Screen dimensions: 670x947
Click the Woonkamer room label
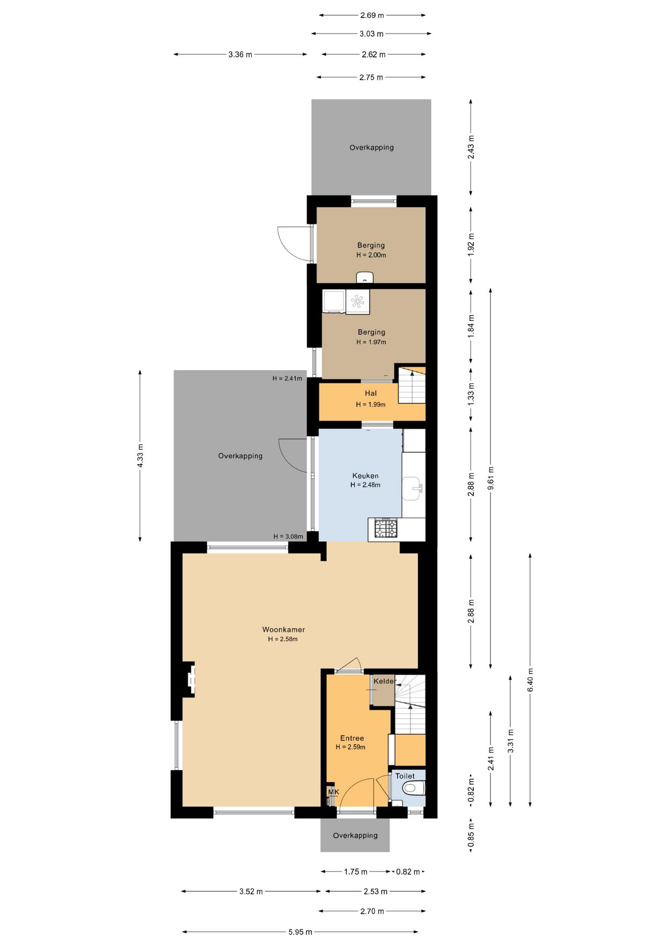point(284,629)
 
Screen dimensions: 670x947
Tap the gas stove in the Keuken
point(386,528)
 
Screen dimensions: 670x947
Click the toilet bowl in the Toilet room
point(413,788)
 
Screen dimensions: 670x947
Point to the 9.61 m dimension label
point(490,478)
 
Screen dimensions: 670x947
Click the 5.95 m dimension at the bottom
point(300,932)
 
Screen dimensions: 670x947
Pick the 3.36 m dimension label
point(240,54)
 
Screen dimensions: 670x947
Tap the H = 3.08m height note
point(288,537)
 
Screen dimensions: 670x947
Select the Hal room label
point(371,393)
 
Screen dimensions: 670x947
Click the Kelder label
point(385,681)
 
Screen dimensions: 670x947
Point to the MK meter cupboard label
point(334,792)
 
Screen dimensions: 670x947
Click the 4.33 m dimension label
point(140,456)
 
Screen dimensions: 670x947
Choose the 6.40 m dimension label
point(530,680)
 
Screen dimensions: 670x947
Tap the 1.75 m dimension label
point(356,872)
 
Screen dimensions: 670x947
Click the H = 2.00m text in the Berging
point(372,255)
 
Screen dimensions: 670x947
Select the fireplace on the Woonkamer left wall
point(189,680)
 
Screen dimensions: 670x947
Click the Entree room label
point(352,738)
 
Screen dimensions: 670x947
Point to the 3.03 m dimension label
point(372,34)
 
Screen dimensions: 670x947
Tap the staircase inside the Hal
point(411,385)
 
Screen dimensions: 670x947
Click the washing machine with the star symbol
point(358,301)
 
